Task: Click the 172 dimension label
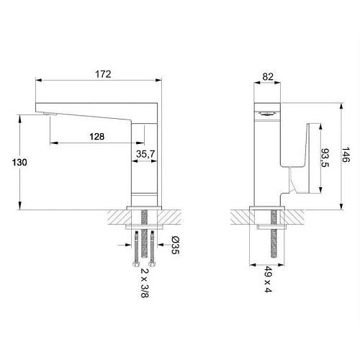103,74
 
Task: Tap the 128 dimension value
97,137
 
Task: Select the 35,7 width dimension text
145,154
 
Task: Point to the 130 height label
19,163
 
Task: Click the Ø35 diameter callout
176,245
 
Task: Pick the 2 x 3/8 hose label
145,283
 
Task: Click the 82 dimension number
268,77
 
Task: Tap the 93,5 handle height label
325,158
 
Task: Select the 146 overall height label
346,155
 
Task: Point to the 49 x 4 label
268,279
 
